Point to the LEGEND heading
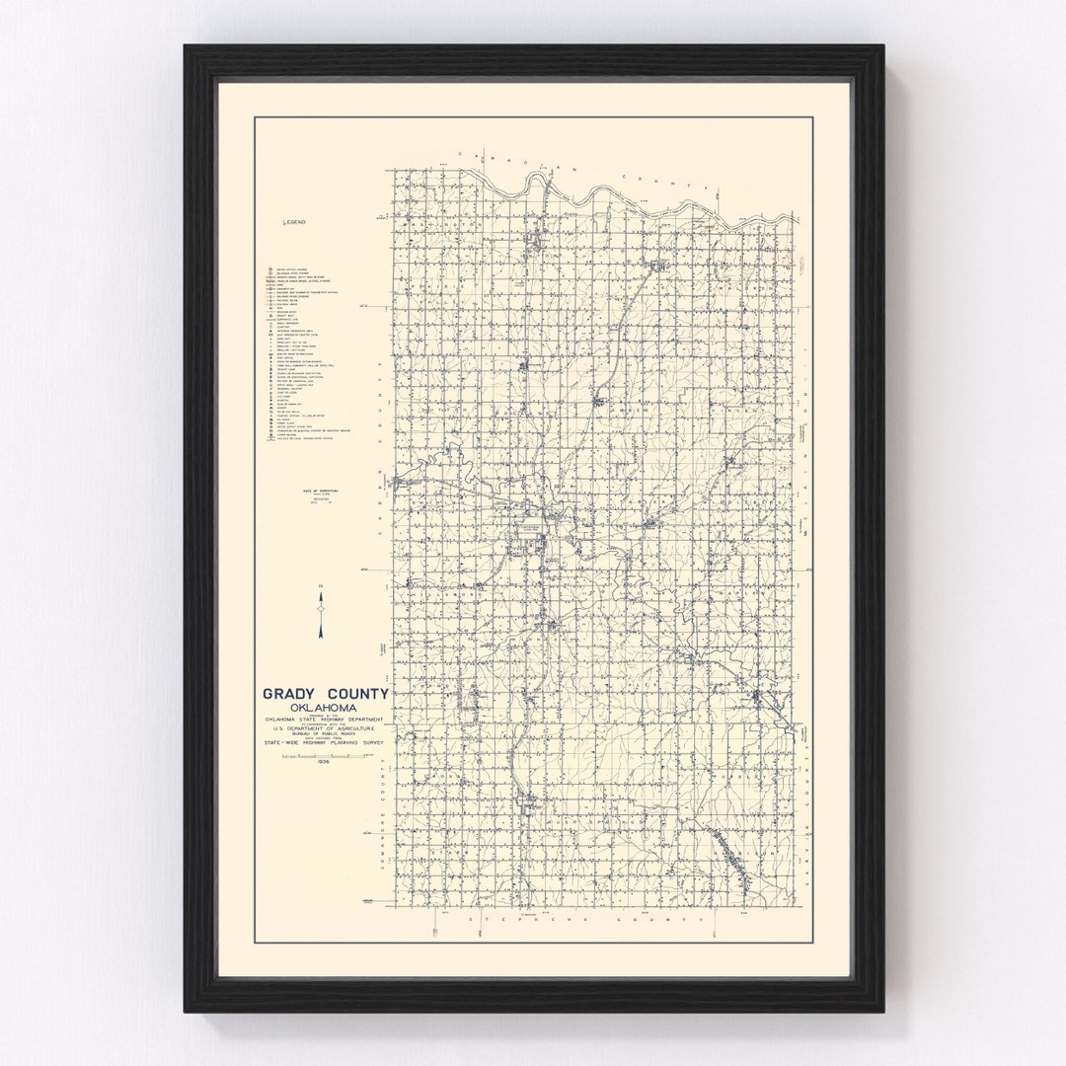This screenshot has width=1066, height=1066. (x=295, y=223)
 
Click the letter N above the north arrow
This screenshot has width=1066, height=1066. (x=321, y=588)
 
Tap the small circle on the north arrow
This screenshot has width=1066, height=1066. (x=321, y=613)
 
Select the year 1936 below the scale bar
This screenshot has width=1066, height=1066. (x=321, y=763)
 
